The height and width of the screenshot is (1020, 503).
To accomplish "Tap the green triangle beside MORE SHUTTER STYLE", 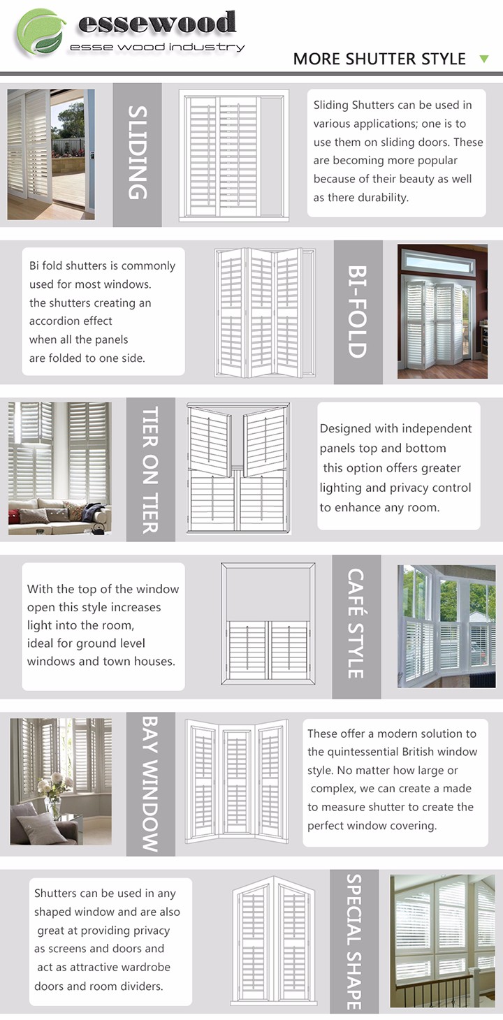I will tap(484, 59).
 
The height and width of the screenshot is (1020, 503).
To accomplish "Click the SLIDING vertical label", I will tap(138, 153).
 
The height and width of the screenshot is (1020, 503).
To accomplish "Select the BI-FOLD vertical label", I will tap(358, 312).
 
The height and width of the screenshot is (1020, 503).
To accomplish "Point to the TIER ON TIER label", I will tap(150, 469).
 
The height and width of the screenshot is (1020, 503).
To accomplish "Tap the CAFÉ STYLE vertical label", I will tap(356, 624).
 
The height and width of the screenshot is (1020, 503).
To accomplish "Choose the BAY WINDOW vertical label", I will tap(150, 783).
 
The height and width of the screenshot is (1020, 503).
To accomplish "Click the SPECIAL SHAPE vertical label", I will tap(354, 941).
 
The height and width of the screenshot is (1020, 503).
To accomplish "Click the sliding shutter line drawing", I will tap(234, 155).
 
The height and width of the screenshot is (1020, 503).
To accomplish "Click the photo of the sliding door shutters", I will tap(50, 154).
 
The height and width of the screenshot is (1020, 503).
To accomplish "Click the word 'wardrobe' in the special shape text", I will tap(145, 968).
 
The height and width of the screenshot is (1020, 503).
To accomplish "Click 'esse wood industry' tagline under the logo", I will tap(157, 48).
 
